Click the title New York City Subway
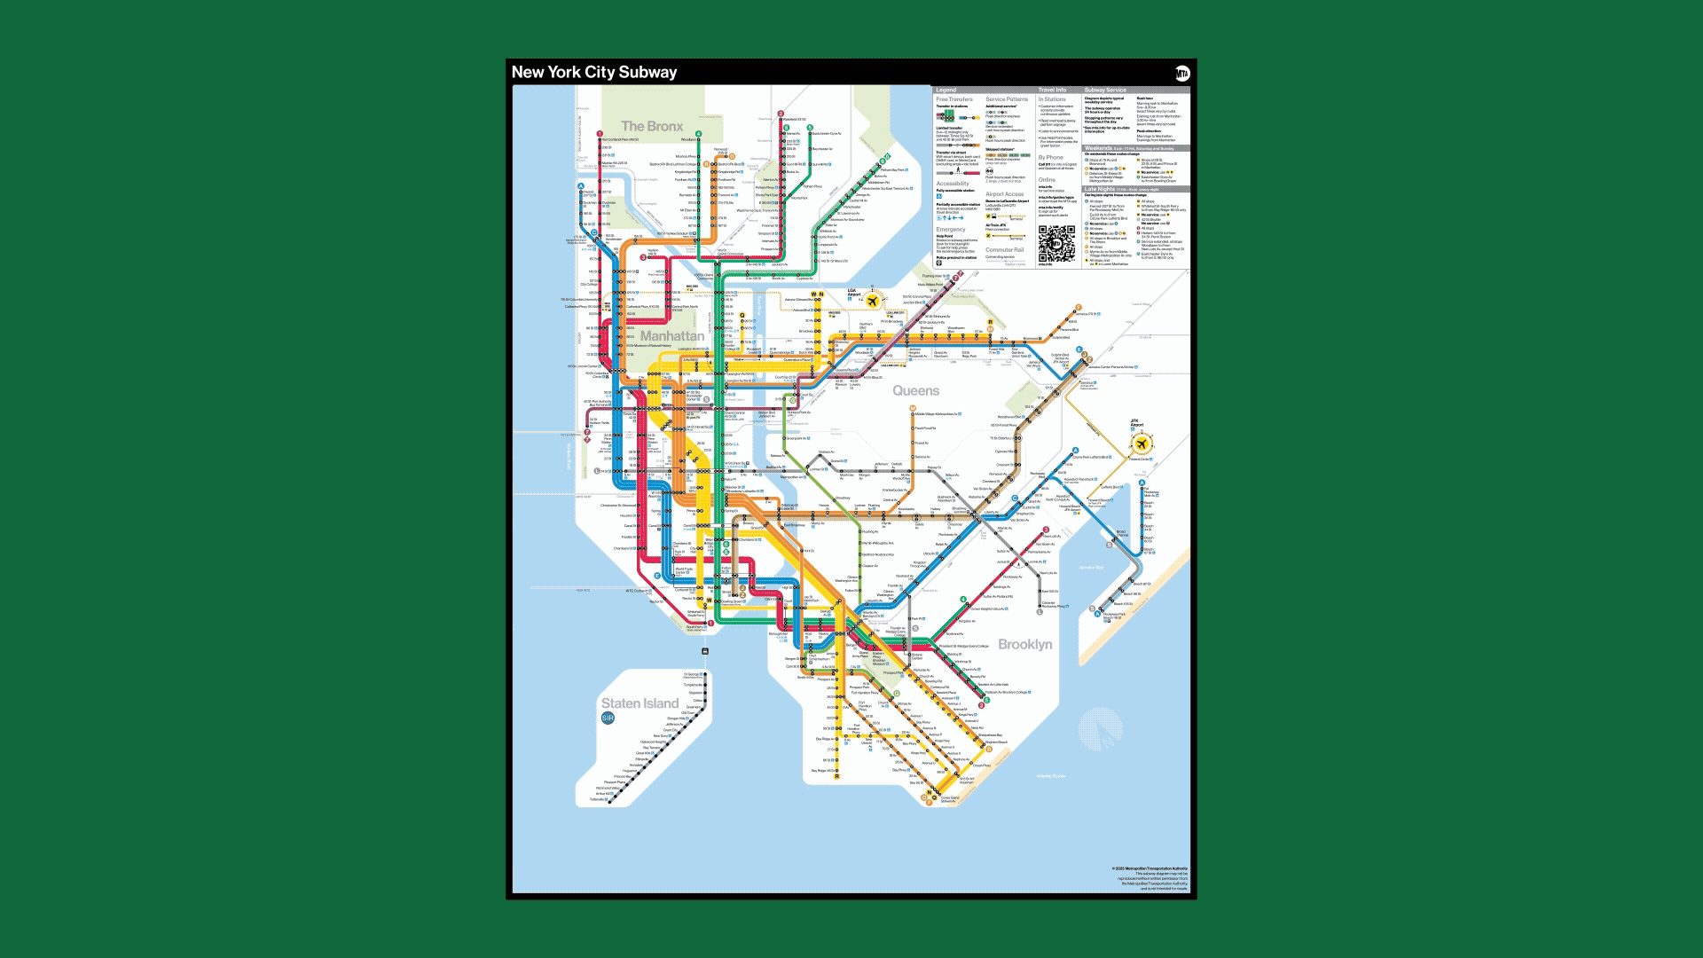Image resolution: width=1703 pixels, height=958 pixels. [594, 73]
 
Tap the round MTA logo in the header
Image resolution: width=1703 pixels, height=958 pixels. [1182, 74]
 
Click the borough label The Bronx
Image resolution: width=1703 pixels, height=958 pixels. [652, 126]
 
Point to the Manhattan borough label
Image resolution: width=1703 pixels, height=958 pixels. [672, 335]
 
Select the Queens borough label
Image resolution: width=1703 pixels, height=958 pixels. [915, 390]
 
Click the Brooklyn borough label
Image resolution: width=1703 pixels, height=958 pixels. [1025, 644]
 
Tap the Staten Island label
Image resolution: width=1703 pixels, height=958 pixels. [640, 703]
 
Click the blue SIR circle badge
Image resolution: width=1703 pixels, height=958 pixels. [608, 718]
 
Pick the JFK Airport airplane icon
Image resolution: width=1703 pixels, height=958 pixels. [1142, 443]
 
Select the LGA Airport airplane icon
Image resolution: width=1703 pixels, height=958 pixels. [873, 302]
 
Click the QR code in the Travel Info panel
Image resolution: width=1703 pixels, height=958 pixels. [1056, 244]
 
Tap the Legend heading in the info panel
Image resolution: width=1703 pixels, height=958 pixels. [946, 90]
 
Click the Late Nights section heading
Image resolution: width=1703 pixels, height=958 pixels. [1100, 189]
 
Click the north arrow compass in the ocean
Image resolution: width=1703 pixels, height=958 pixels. [1100, 731]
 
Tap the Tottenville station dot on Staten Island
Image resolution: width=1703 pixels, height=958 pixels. [608, 799]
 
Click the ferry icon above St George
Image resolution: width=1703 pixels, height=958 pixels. [705, 651]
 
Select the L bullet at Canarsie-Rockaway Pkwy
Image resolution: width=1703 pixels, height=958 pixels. [1040, 611]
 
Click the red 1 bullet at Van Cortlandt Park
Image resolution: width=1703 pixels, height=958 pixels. [600, 134]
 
